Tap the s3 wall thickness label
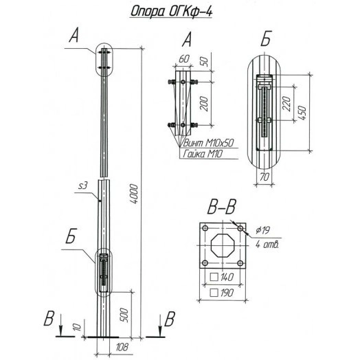tap(82, 185)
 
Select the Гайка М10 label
tap(205, 156)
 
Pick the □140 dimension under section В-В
tap(224, 278)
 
